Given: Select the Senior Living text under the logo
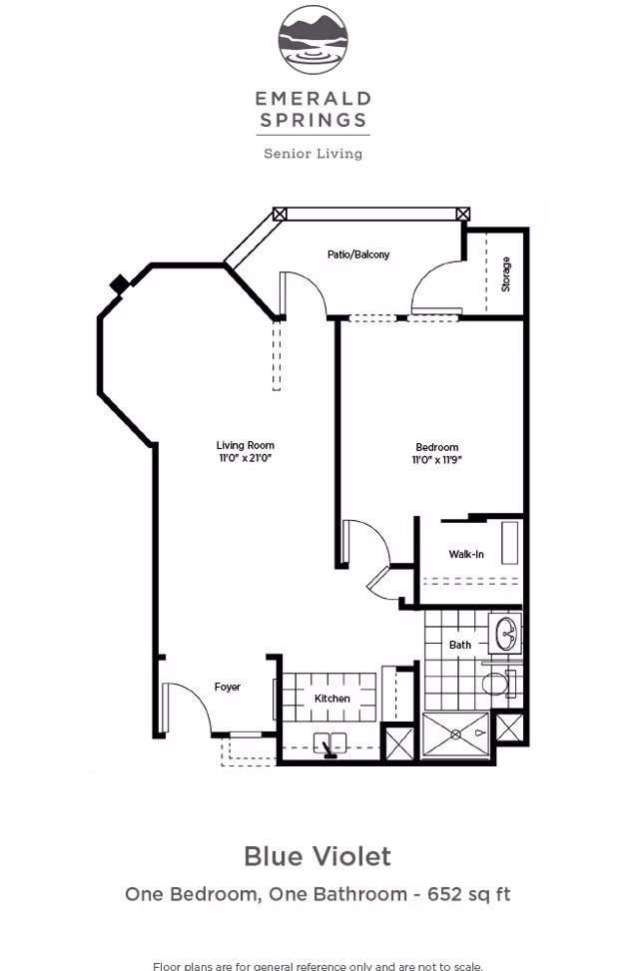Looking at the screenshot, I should pos(313,154).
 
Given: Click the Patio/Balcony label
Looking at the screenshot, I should pos(357,254).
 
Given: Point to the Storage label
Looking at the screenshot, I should pos(505,273).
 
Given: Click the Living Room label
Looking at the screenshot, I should pos(245,445).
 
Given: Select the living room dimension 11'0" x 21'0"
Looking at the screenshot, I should pos(245,458).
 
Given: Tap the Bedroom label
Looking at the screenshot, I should pos(436,446).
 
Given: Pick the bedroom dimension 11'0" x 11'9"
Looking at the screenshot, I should pos(436,459).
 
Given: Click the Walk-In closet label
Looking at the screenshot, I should pos(466,554).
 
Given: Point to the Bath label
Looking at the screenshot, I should pos(459,645).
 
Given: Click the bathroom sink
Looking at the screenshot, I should pos(506,632).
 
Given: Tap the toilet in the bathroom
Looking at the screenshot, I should pos(494,685).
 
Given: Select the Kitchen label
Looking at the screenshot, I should pos(331,699).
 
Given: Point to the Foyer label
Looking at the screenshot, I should pos(228,687).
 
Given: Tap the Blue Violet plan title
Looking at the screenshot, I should pos(318,856).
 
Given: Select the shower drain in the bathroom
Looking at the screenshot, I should pos(455,733).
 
